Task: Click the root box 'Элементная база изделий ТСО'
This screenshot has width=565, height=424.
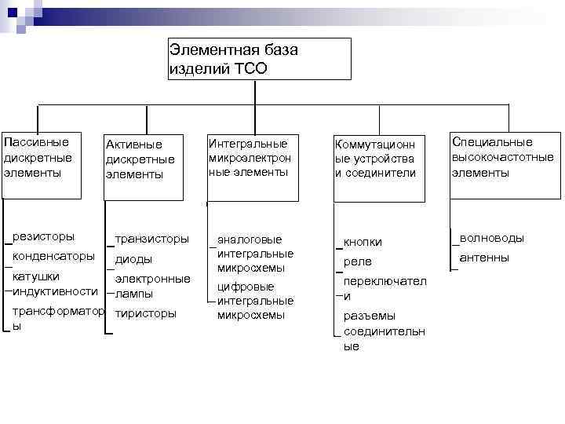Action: click(259, 59)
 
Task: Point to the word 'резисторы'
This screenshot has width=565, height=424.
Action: click(44, 236)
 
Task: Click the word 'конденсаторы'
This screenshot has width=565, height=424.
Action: click(54, 256)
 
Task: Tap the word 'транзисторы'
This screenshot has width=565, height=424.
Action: click(151, 238)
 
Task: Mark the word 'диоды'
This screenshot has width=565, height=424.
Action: click(133, 259)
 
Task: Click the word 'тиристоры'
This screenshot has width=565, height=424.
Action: click(145, 313)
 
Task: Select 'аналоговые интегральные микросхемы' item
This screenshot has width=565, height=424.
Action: click(254, 254)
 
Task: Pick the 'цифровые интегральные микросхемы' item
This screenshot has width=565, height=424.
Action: click(254, 301)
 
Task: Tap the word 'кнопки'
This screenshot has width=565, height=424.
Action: click(363, 242)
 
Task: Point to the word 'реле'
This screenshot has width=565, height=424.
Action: click(357, 261)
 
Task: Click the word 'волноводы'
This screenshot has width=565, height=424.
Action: click(492, 237)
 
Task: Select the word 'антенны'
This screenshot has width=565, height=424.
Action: click(484, 258)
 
